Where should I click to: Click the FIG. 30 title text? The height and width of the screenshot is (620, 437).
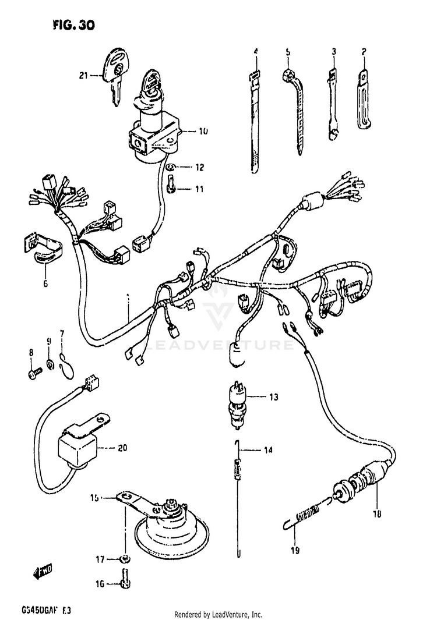tap(72, 25)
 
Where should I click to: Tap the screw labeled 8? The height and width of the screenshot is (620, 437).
tap(34, 370)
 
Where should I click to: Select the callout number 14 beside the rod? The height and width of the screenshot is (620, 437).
tap(268, 450)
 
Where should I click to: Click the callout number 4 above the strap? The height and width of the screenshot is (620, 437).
tap(255, 52)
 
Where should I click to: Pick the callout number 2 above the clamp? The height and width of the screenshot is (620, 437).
tap(363, 52)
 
